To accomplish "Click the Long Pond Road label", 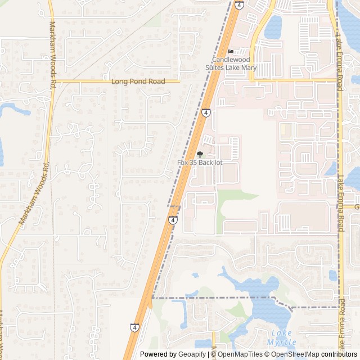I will tap(138, 82).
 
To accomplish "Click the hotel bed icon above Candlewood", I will tap(230, 52).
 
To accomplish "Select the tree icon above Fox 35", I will tap(200, 154).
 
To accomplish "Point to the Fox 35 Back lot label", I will tap(200, 163).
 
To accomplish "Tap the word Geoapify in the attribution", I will tap(192, 354).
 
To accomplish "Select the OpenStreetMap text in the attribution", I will tap(295, 354).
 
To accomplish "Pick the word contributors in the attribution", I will tap(339, 354).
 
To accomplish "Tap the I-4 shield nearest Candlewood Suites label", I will tap(240, 5).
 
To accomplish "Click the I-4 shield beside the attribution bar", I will tap(135, 327).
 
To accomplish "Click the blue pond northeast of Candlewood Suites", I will tap(274, 25).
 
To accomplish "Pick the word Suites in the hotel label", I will tap(217, 67).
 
